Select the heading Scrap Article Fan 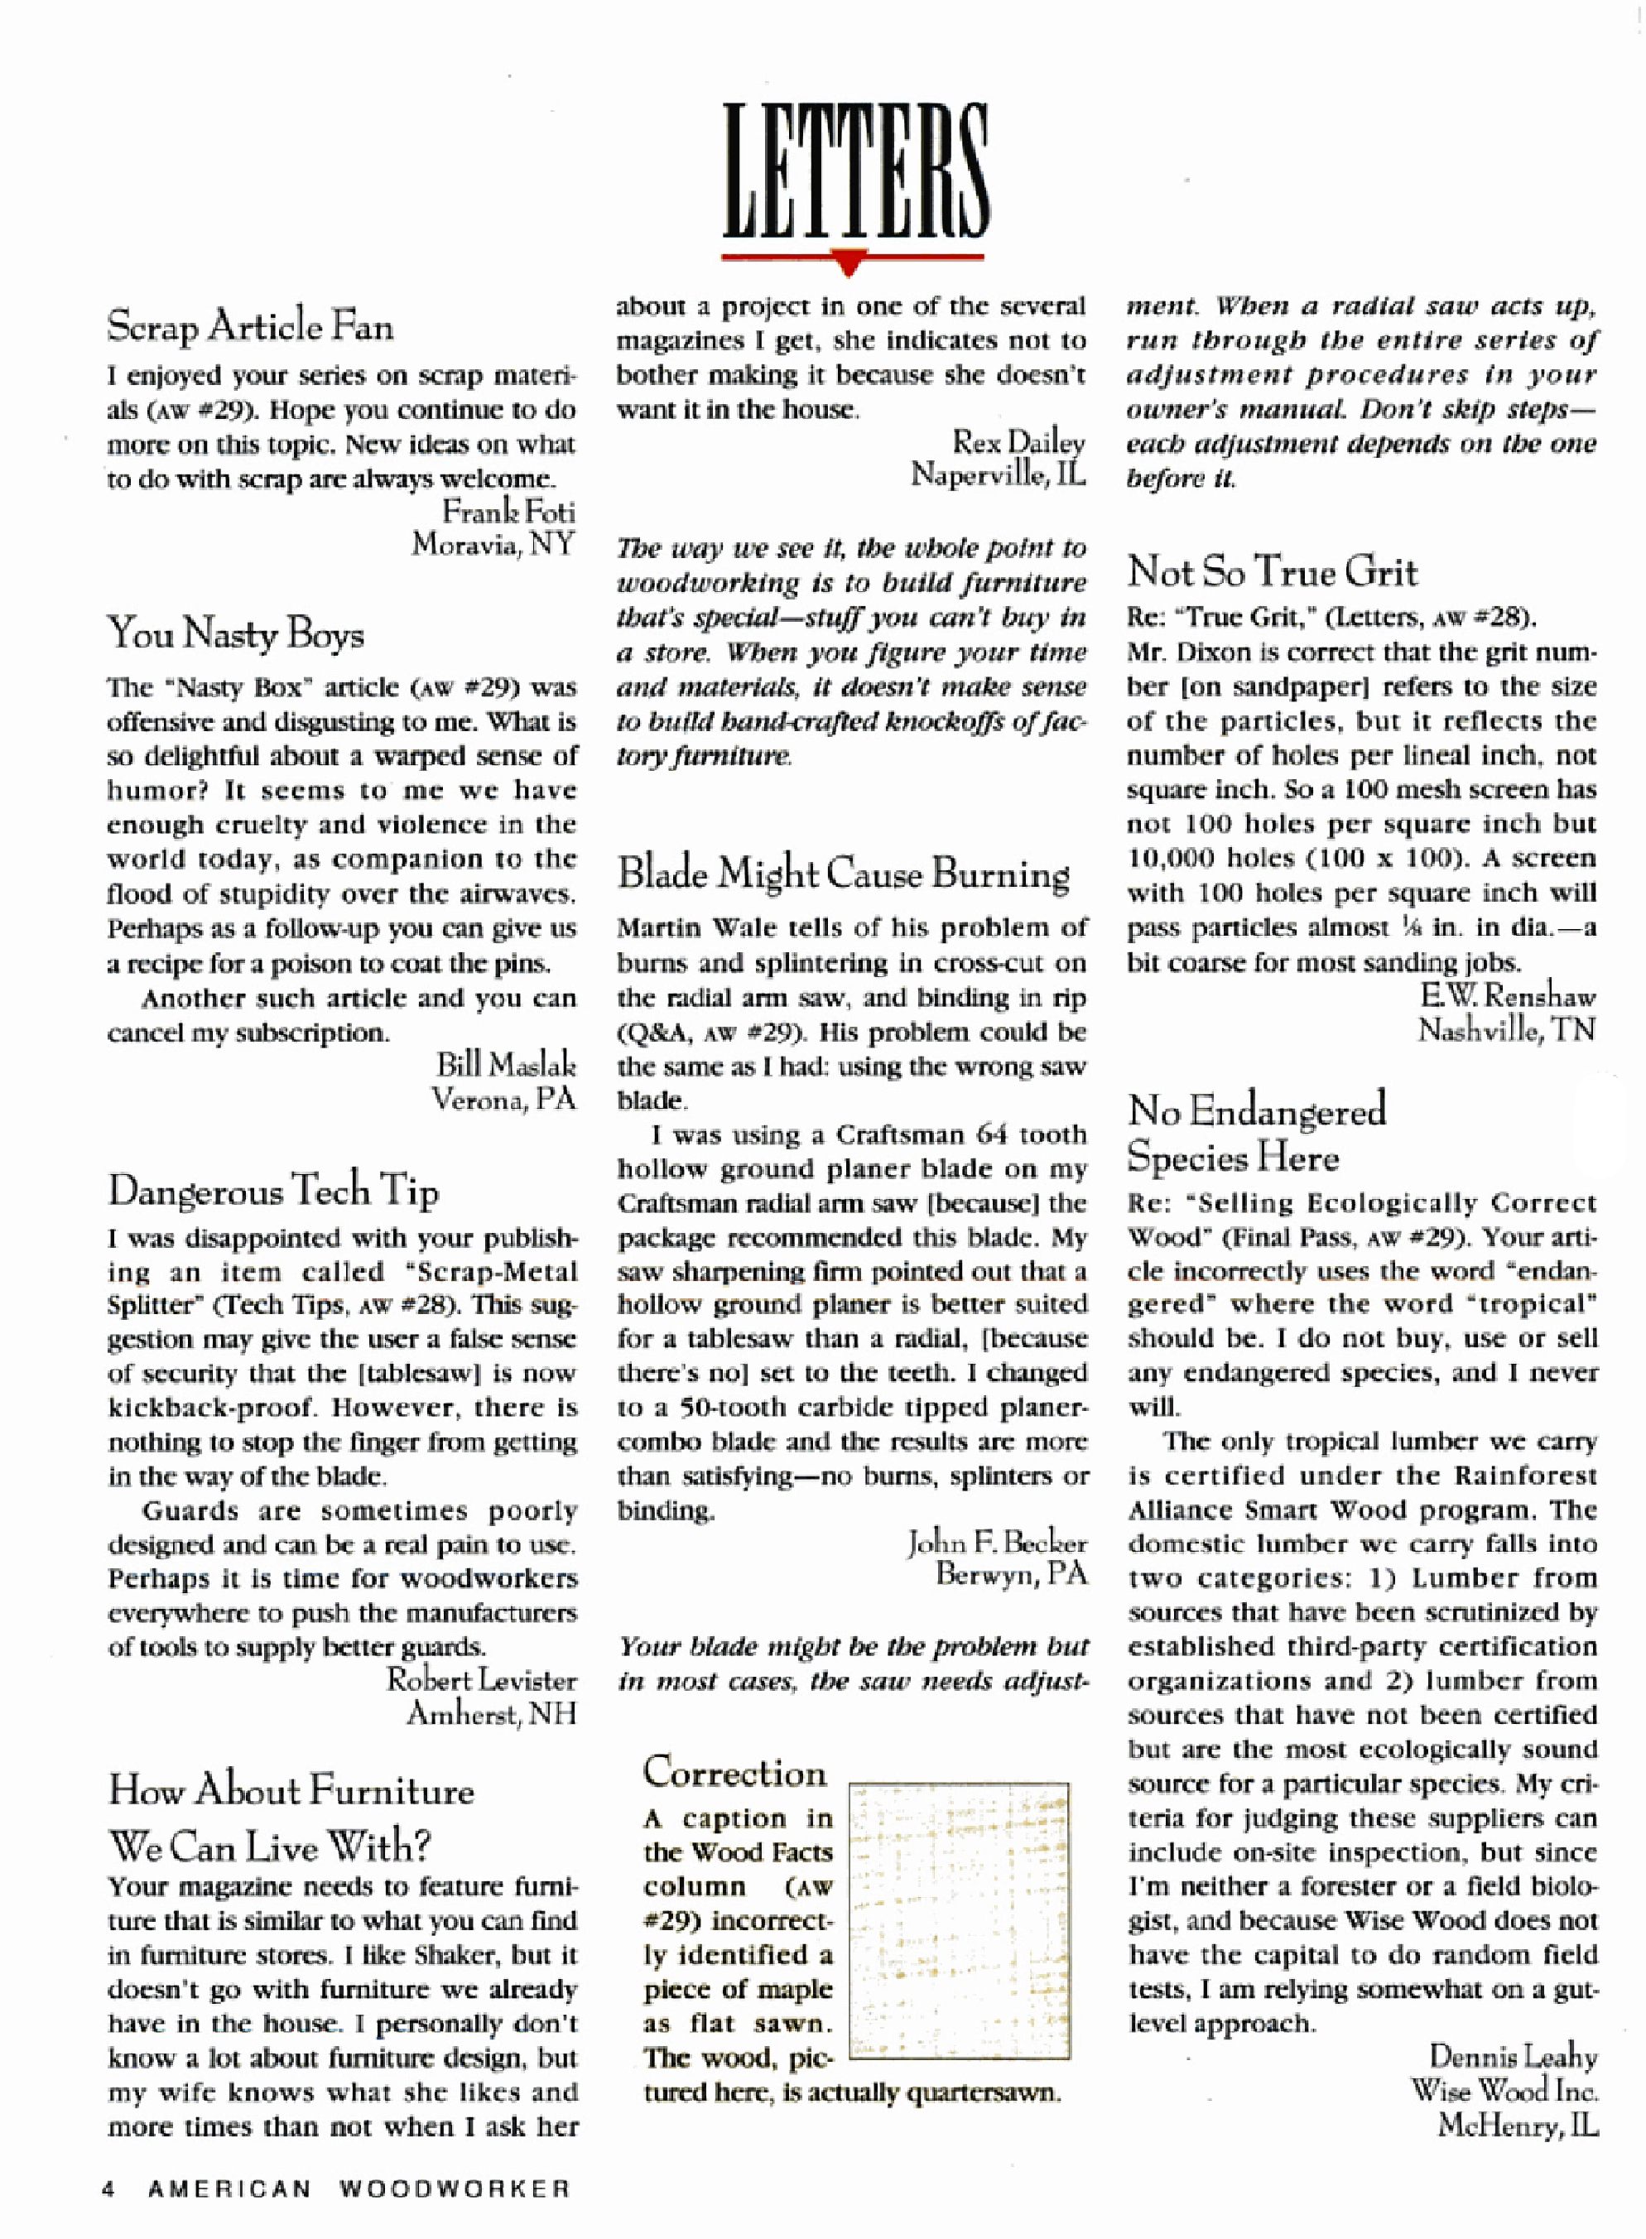(250, 327)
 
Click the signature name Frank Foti (508, 513)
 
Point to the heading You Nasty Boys (235, 633)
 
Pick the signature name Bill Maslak (505, 1064)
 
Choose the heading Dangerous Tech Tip (273, 1191)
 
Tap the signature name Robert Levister (481, 1680)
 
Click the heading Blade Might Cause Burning (843, 874)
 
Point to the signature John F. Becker (995, 1543)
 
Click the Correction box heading (734, 1772)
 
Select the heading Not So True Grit (1272, 572)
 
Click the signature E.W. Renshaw (1508, 995)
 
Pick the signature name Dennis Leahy (1513, 2057)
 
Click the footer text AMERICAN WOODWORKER (358, 2189)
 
